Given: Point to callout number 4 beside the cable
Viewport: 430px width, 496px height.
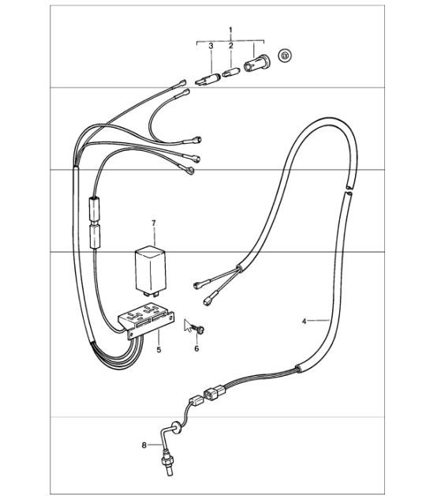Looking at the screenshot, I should pyautogui.click(x=305, y=321).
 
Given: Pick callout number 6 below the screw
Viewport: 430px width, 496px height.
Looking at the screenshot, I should pyautogui.click(x=197, y=348).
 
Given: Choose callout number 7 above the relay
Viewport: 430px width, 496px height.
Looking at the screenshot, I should pyautogui.click(x=155, y=224).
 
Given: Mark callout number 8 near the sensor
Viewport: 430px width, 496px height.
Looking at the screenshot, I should pyautogui.click(x=144, y=445).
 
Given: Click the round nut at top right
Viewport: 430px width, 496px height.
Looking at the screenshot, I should pyautogui.click(x=285, y=55).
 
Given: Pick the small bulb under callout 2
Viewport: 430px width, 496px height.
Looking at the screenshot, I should pyautogui.click(x=230, y=72).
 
